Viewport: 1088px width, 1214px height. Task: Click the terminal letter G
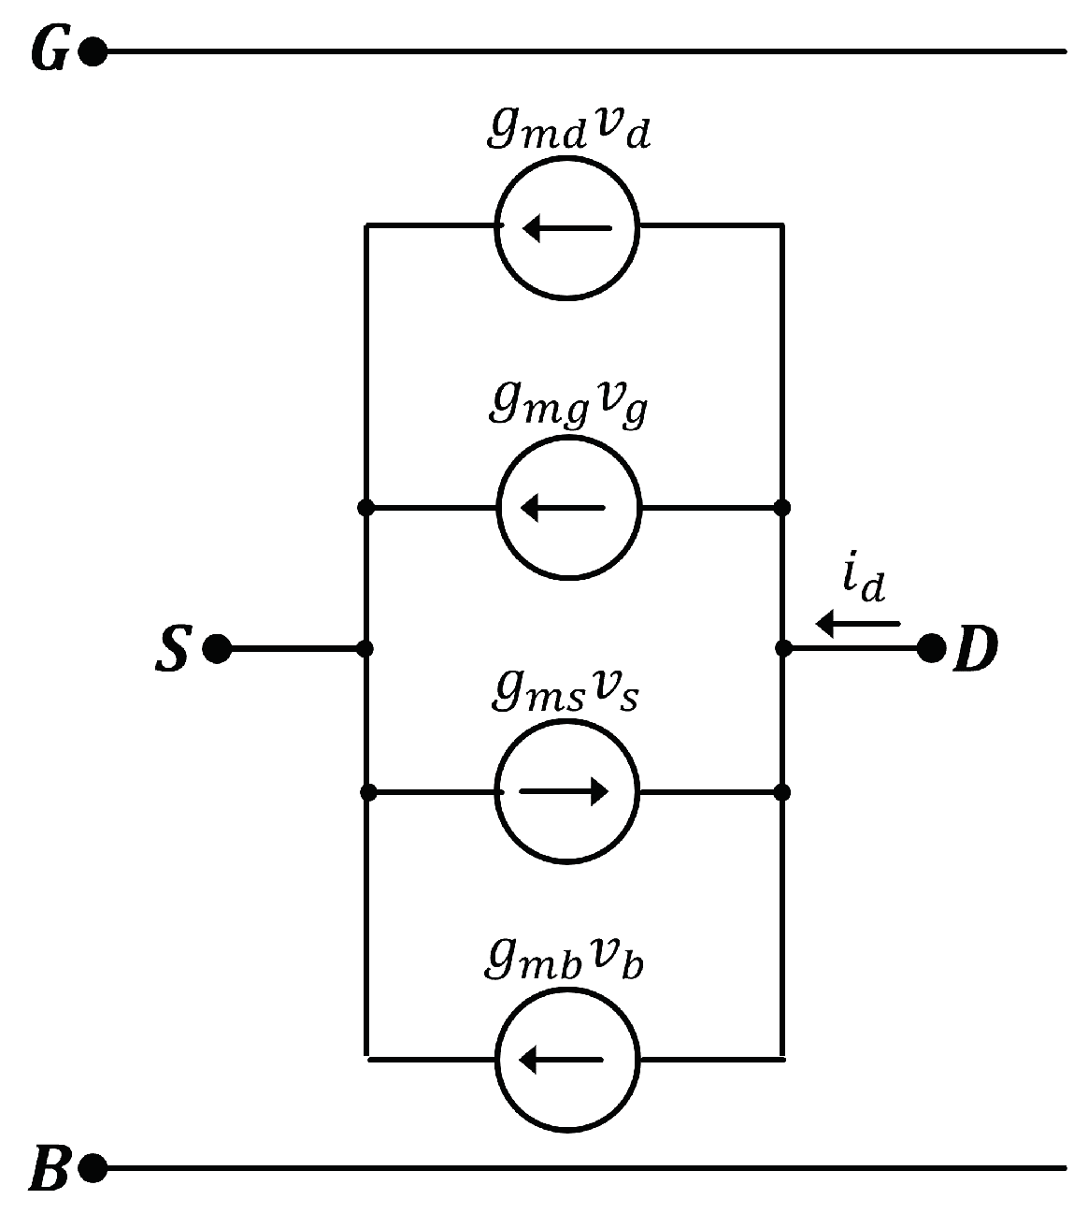click(x=49, y=52)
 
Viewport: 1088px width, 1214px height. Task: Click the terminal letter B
click(x=49, y=1169)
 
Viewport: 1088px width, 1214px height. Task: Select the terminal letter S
click(x=171, y=649)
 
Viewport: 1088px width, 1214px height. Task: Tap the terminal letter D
click(x=975, y=649)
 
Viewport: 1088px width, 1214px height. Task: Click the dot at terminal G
click(x=92, y=52)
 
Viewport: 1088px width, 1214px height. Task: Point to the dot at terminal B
click(x=92, y=1168)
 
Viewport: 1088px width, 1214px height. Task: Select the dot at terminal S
click(x=217, y=648)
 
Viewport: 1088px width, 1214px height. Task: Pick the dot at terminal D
click(x=930, y=648)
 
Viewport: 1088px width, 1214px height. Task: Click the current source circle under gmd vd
click(x=567, y=227)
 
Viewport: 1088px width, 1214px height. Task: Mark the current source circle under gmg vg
click(x=567, y=508)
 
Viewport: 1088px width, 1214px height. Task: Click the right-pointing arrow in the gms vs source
click(x=564, y=792)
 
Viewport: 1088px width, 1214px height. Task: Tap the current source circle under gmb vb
click(x=567, y=1060)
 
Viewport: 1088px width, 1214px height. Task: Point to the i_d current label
click(x=862, y=584)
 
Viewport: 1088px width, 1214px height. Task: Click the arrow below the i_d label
click(x=857, y=623)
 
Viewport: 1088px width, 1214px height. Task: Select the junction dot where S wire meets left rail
click(x=365, y=648)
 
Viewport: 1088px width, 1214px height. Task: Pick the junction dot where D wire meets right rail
click(x=782, y=648)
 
